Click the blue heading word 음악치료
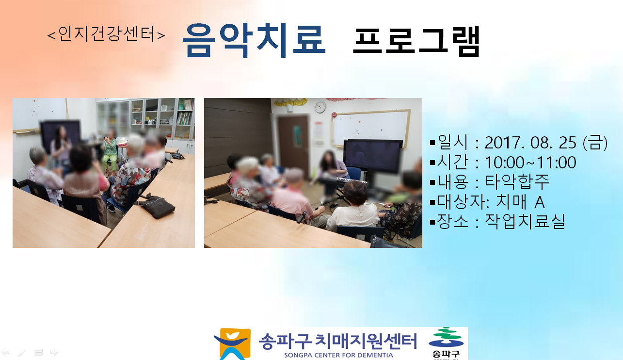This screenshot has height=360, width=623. click(x=254, y=40)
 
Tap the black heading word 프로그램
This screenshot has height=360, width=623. click(x=416, y=41)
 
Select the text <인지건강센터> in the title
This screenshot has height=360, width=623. click(x=106, y=34)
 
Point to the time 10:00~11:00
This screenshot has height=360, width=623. click(x=530, y=163)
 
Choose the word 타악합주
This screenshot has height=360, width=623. click(x=517, y=182)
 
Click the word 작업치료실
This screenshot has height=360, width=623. click(x=525, y=222)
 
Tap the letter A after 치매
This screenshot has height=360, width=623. click(x=539, y=202)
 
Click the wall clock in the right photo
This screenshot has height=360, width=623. click(x=320, y=107)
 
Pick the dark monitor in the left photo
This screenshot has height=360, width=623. click(x=60, y=133)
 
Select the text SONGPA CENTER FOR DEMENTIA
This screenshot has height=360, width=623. click(x=338, y=355)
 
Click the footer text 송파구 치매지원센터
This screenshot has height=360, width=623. click(x=338, y=341)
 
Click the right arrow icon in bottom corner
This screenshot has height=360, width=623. click(x=54, y=352)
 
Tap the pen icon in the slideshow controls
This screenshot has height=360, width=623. click(x=22, y=353)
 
